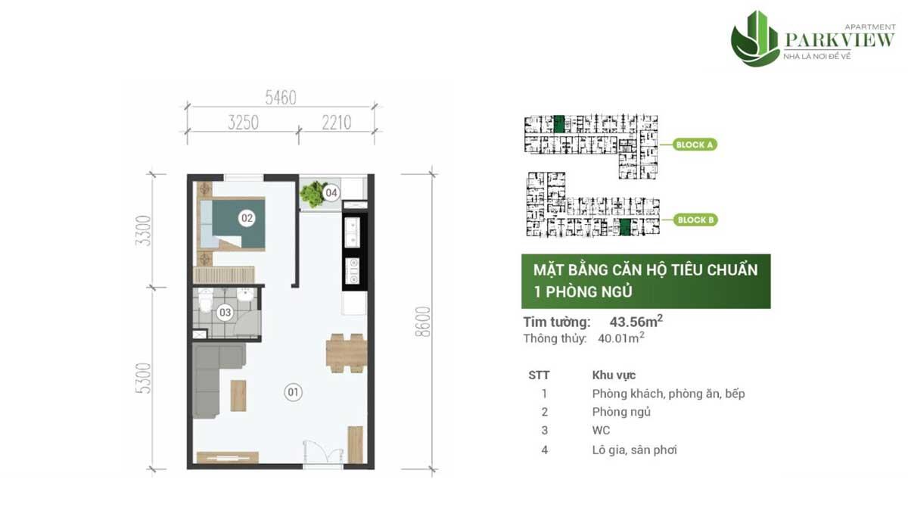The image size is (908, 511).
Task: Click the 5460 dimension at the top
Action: click(x=281, y=98)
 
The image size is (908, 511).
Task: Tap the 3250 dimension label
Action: click(x=243, y=123)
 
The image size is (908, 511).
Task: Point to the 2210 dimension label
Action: click(x=337, y=123)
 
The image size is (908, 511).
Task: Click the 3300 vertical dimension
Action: click(x=144, y=231)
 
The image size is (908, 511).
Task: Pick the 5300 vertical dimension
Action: click(x=144, y=379)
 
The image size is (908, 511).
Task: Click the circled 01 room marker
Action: click(x=293, y=392)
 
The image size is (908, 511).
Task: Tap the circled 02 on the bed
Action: click(x=247, y=218)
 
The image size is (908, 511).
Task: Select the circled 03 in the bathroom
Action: click(x=225, y=312)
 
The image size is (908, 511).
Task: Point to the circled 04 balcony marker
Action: click(x=331, y=192)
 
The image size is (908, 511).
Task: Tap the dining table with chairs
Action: click(x=347, y=353)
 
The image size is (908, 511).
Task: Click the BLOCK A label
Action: click(x=695, y=145)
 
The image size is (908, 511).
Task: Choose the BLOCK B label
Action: click(x=695, y=220)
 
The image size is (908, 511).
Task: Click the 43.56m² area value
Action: click(x=636, y=321)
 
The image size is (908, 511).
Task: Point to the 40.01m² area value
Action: click(x=621, y=338)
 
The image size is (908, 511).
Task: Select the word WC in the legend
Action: click(x=601, y=430)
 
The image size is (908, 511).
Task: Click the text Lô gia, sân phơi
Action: click(x=634, y=450)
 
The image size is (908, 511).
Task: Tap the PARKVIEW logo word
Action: click(x=840, y=40)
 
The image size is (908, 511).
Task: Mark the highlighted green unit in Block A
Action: click(x=559, y=124)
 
